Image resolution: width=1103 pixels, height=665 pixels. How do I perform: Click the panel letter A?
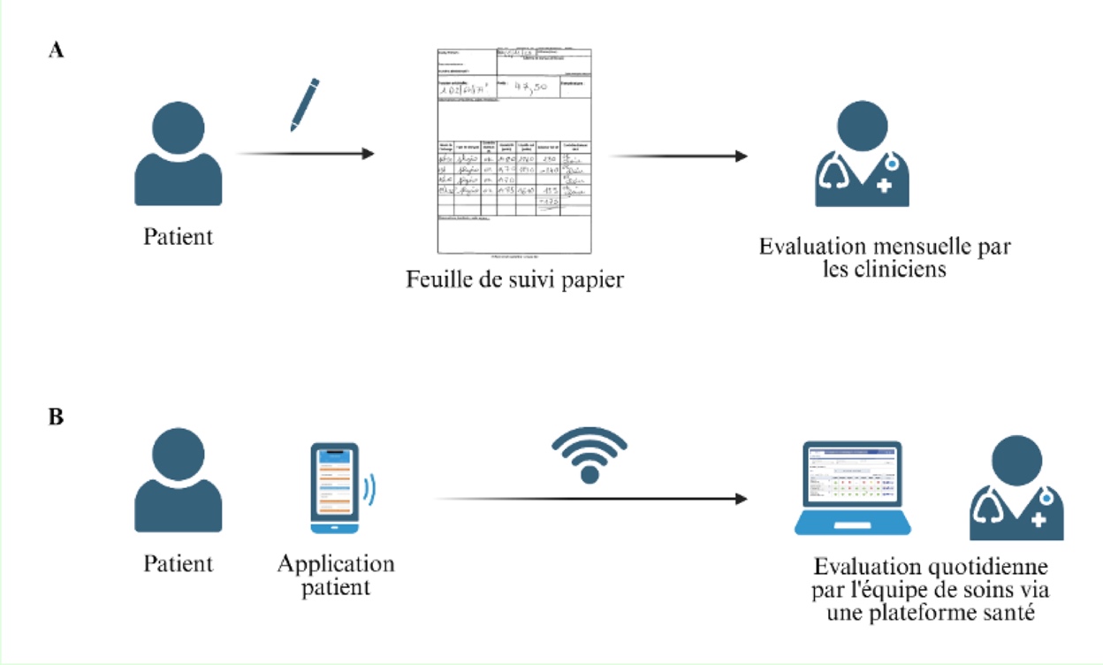[x=56, y=50]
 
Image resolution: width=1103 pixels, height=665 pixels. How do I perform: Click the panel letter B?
[x=56, y=417]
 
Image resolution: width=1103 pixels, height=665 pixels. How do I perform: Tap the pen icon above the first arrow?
[x=304, y=104]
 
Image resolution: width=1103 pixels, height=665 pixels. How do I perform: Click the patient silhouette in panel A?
[x=178, y=154]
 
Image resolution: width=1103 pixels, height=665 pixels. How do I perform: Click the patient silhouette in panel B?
[x=178, y=483]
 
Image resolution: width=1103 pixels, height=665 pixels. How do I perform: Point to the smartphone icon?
[x=334, y=487]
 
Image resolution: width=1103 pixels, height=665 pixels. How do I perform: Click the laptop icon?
[x=853, y=488]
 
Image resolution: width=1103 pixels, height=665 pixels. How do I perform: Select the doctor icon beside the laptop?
[x=1016, y=490]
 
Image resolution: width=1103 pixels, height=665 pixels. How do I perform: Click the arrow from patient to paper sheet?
[x=305, y=155]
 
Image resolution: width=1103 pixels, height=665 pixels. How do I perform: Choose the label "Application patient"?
[x=336, y=575]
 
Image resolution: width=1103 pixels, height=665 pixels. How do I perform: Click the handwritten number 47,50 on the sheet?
[x=537, y=88]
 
